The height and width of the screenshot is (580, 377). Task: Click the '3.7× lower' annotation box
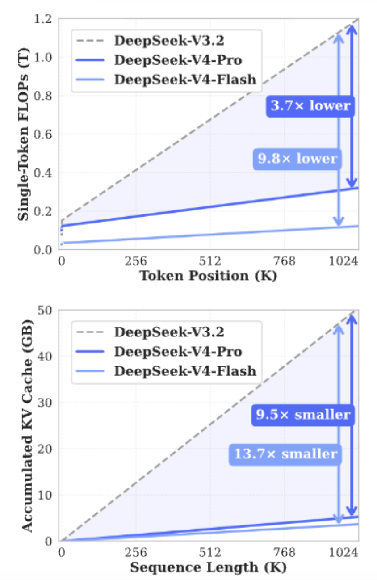[x=310, y=106]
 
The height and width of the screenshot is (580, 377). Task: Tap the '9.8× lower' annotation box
[x=297, y=158]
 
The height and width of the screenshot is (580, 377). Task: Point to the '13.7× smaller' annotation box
[x=285, y=454]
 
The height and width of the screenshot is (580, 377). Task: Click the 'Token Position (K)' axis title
[x=209, y=275]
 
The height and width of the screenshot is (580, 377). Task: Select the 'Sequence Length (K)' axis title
[x=208, y=567]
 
